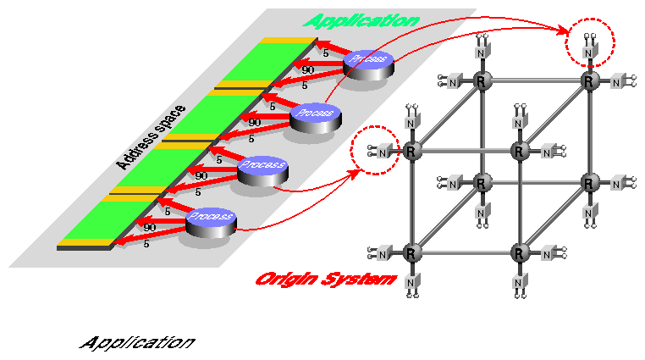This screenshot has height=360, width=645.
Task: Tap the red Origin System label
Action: coord(326,279)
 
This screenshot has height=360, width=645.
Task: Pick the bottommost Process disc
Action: coord(209,219)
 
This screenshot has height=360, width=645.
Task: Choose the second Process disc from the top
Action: coord(315,113)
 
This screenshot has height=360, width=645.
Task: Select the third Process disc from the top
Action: coord(262,166)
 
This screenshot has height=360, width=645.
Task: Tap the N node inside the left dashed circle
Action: coord(383,152)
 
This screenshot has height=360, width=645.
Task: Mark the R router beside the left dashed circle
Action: coord(411,152)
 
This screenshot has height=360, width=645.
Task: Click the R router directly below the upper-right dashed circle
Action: coord(587,81)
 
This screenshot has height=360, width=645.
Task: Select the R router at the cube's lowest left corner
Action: coord(411,253)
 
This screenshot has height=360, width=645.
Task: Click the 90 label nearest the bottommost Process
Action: coord(149,227)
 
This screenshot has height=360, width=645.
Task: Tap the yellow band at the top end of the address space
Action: coord(288,40)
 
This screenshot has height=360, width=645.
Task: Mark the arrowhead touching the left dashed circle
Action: coord(353,171)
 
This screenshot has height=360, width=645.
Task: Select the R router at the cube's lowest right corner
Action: coord(520,253)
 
